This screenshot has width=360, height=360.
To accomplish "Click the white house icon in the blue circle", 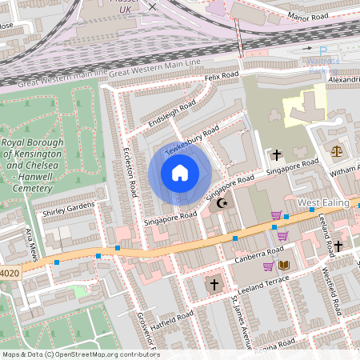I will click(x=179, y=172).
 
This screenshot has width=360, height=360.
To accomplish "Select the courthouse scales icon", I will click(x=334, y=150).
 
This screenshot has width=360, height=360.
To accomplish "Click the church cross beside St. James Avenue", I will click(x=214, y=284).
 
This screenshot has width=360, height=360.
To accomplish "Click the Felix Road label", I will click(x=222, y=75).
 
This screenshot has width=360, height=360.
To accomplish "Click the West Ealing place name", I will click(x=325, y=204).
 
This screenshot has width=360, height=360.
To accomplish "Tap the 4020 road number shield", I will click(x=10, y=273).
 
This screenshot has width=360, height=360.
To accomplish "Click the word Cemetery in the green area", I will click(x=30, y=188).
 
